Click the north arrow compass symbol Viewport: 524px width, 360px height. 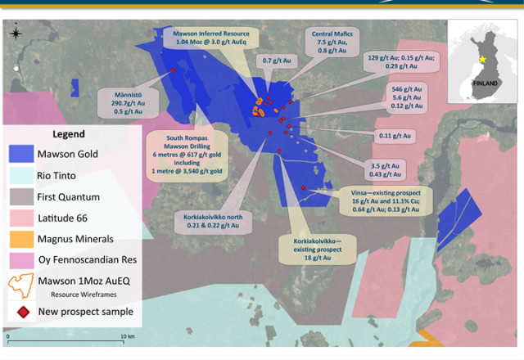[x=15, y=34]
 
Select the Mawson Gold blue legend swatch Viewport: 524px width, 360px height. [x=20, y=152]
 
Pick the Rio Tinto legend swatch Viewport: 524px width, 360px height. [x=20, y=174]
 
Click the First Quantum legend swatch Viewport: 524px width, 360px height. [x=20, y=196]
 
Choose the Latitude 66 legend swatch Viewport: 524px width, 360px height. [x=20, y=218]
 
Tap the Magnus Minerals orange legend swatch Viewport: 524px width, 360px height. [x=20, y=239]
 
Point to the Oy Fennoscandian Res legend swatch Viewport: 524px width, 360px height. [x=20, y=260]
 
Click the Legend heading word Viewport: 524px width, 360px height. [x=69, y=134]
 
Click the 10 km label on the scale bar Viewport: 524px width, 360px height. [x=128, y=337]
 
